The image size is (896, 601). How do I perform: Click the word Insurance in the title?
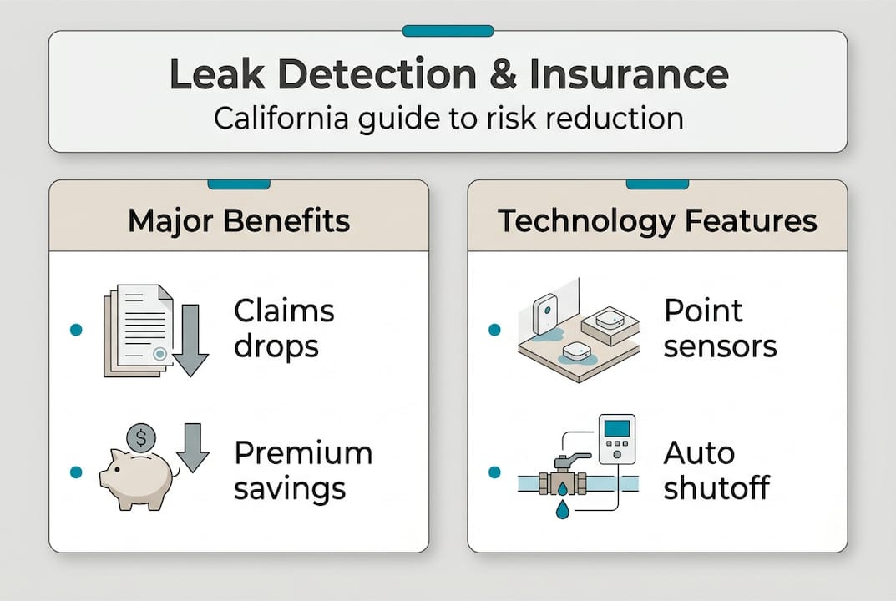(629, 75)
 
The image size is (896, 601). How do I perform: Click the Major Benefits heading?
(239, 221)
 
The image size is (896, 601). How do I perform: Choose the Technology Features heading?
(657, 221)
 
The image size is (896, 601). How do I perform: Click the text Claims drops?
(284, 328)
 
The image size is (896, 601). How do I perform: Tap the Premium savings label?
(302, 471)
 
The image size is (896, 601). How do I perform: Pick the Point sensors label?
(720, 328)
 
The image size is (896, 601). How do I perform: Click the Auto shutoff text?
(716, 471)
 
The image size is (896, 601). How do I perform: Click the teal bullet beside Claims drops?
(76, 330)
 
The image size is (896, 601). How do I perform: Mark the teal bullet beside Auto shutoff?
(494, 472)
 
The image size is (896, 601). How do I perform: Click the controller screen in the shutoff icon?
(617, 429)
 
